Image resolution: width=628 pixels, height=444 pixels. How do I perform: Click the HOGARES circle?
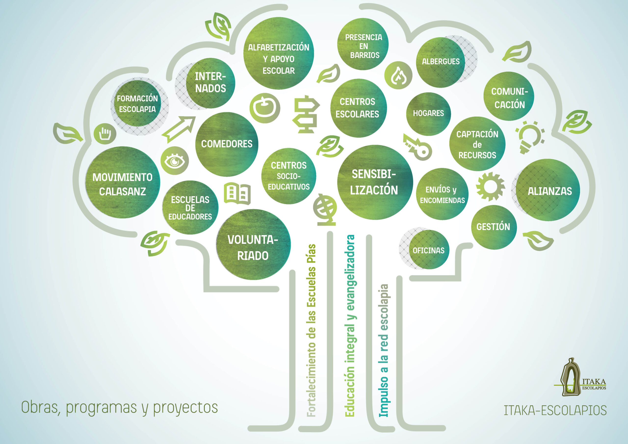pyautogui.click(x=428, y=114)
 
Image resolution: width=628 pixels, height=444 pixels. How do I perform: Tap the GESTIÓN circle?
pyautogui.click(x=493, y=227)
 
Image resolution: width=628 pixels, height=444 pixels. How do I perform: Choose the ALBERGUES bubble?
pyautogui.click(x=440, y=62)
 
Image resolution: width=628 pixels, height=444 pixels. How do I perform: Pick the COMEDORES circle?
pyautogui.click(x=227, y=144)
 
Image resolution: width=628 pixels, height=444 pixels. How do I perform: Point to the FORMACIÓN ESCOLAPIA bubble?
pyautogui.click(x=137, y=104)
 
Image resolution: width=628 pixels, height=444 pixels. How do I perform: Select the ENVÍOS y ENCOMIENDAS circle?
pyautogui.click(x=442, y=195)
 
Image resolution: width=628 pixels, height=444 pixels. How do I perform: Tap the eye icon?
pyautogui.click(x=174, y=161)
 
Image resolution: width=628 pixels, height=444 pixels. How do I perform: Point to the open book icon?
pyautogui.click(x=237, y=193)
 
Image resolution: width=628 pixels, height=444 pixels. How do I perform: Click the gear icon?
pyautogui.click(x=490, y=187)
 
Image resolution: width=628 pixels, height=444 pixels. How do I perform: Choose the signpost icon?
pyautogui.click(x=306, y=114)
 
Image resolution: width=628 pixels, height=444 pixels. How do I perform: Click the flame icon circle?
pyautogui.click(x=398, y=75)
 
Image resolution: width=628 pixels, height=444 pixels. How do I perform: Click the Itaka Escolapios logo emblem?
pyautogui.click(x=570, y=378)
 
